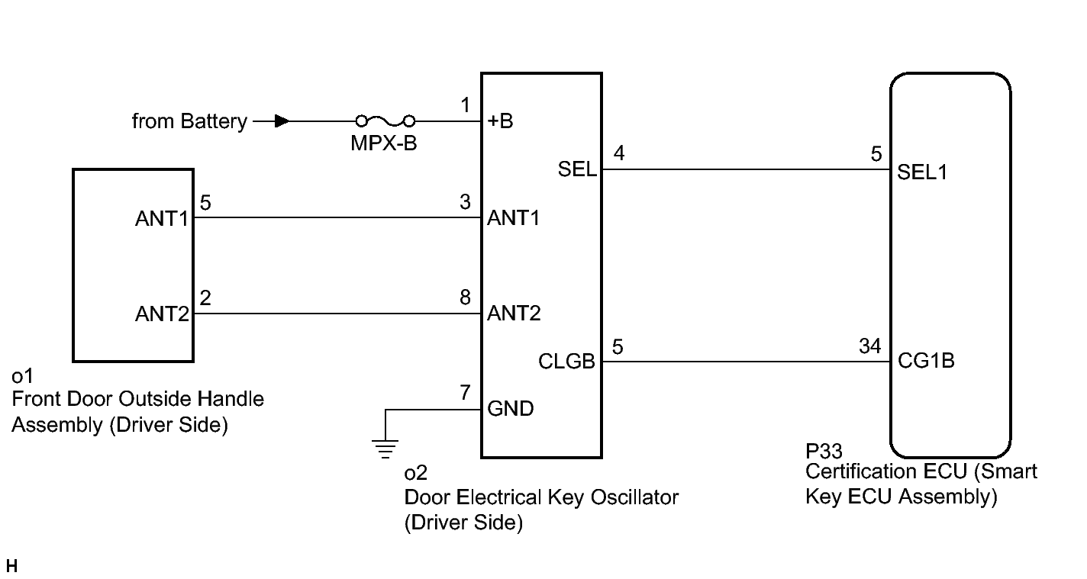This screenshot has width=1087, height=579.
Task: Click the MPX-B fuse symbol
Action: pos(385,121)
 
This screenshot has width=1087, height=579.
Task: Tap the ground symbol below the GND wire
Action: pos(385,449)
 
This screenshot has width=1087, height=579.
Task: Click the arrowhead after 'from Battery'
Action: pos(282,121)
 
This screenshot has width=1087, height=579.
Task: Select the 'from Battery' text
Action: pos(189,121)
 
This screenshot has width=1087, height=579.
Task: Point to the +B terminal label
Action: pos(500,121)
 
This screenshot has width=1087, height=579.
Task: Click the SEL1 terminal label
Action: pos(922,172)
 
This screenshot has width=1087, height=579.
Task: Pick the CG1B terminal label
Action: pos(926,360)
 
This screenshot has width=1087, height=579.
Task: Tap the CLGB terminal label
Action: pos(566,362)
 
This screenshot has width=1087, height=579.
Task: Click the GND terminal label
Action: pos(510,408)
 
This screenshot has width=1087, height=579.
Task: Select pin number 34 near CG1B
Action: pos(869,346)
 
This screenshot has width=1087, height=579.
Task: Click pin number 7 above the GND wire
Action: pos(465,393)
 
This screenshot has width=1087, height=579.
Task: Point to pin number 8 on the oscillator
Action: pos(465,298)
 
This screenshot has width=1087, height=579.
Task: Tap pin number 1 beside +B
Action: pos(466,105)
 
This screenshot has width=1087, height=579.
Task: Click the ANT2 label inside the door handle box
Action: pos(162,314)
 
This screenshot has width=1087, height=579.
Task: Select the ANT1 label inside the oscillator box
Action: pos(514,217)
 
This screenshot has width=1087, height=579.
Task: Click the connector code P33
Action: pos(824,452)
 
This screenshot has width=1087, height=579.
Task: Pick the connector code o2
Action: pos(416,473)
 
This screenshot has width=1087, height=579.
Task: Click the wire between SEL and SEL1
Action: pos(747,169)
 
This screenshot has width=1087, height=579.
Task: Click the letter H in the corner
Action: pos(11,566)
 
